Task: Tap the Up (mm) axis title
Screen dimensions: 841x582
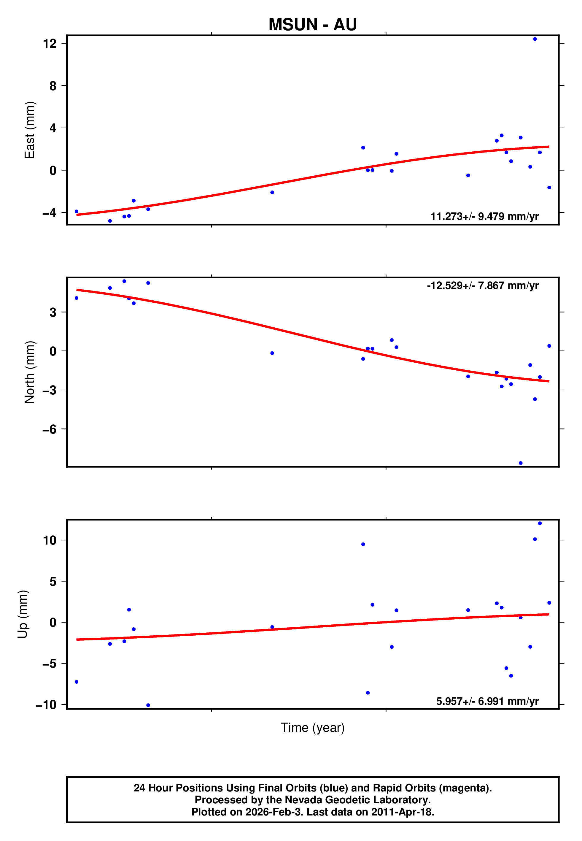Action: [23, 614]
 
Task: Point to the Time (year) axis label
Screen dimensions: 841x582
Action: [313, 727]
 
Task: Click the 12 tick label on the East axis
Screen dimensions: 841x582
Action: [50, 43]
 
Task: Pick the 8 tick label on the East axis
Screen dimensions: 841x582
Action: [53, 86]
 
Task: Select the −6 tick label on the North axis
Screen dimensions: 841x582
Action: [50, 429]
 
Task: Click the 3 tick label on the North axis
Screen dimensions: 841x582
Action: [53, 312]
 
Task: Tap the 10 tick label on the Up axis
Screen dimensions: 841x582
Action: [50, 540]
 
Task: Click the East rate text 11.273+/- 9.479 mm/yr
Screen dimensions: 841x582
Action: [484, 216]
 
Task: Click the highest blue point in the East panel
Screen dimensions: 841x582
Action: [535, 39]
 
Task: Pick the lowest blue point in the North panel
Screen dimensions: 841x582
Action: [520, 463]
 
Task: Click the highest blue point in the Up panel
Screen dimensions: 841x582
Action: [540, 523]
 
